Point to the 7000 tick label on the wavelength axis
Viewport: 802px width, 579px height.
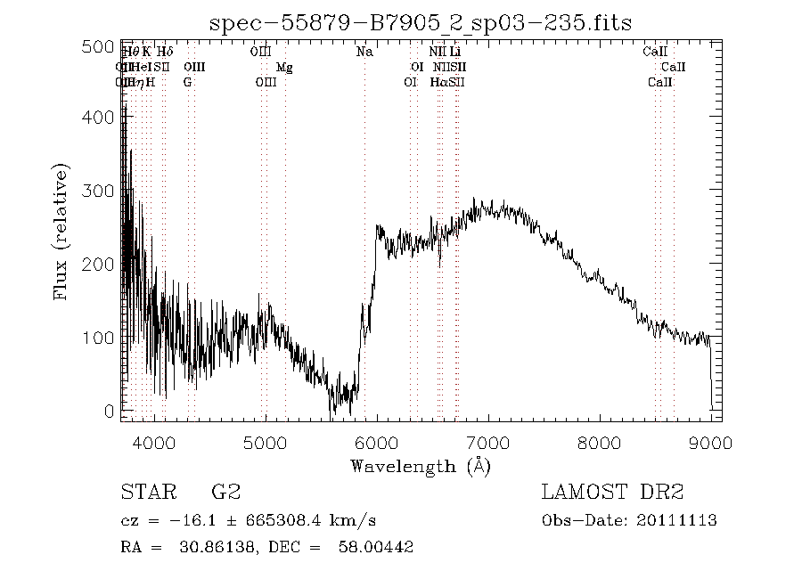pos(487,443)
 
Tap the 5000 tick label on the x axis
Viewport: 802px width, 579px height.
pos(266,443)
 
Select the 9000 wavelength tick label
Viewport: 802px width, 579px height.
pos(710,443)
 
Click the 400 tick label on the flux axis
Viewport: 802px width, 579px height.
pos(102,118)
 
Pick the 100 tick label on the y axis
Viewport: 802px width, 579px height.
pos(102,338)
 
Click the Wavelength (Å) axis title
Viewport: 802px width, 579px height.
pos(421,466)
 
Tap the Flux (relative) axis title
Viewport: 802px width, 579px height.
pos(61,232)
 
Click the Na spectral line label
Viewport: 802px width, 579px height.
pos(364,52)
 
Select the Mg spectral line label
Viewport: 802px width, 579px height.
pos(284,67)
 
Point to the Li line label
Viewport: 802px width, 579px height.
pos(455,52)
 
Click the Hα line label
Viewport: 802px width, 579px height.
pos(438,82)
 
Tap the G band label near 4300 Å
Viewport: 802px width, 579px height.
pos(187,82)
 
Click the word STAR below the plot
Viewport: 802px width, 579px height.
pos(143,492)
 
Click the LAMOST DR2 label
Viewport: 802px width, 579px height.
pos(612,492)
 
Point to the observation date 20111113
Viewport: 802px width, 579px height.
pos(685,520)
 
